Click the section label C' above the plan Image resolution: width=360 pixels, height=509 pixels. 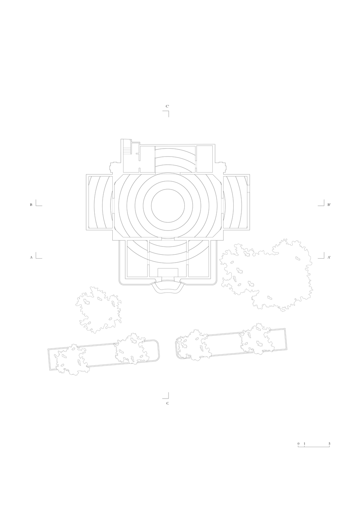tap(167, 106)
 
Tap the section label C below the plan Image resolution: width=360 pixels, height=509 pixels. tap(167, 403)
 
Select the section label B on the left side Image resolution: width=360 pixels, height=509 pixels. tap(31, 205)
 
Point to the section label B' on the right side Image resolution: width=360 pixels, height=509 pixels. tap(329, 205)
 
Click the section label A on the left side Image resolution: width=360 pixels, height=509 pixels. tap(31, 258)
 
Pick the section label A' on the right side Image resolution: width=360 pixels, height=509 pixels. tap(329, 258)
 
